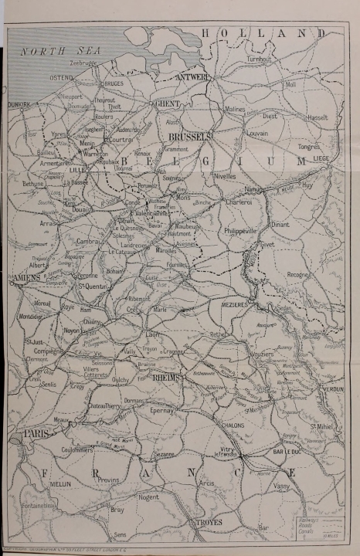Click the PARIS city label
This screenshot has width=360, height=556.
(36, 435)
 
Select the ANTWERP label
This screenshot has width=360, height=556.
(194, 77)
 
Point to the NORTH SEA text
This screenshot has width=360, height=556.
(56, 51)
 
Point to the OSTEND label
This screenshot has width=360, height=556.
(63, 78)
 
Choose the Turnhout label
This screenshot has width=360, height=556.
(260, 59)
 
